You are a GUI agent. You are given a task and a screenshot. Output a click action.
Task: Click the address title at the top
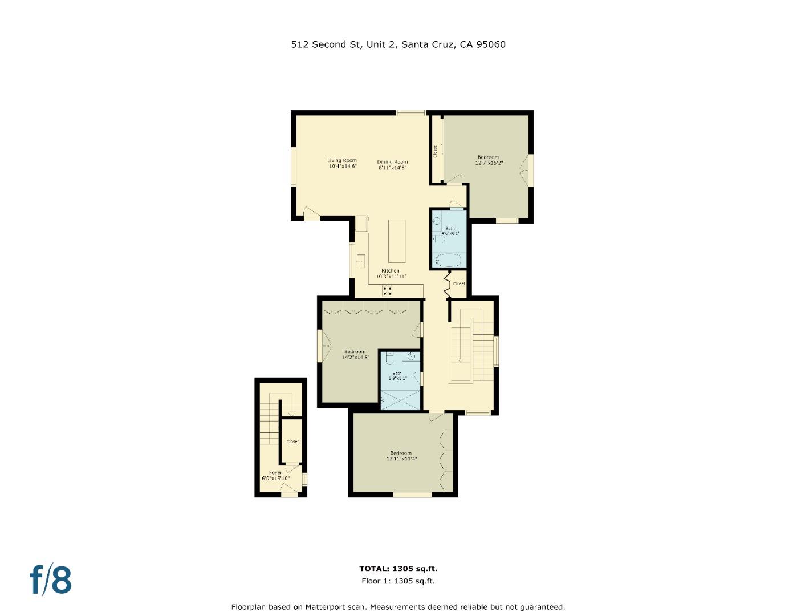398,44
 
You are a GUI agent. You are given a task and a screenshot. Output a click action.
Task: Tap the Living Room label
342,160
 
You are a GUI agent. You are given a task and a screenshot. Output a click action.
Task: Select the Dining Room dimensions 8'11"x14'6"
392,168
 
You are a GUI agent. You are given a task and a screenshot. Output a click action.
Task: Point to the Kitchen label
391,271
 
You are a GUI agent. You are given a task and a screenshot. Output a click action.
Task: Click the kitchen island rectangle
397,241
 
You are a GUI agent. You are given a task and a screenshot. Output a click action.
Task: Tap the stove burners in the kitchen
387,291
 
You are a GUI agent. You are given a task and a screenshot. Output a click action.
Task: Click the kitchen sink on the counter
360,262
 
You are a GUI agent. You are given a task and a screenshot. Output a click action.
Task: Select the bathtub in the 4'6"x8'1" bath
448,260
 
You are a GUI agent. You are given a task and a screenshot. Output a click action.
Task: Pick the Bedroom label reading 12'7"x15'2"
489,160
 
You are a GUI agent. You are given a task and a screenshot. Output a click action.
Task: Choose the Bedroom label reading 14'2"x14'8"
355,354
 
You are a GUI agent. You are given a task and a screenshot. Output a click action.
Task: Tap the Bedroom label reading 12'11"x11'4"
401,456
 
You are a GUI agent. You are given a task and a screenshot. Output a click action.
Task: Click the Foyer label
275,472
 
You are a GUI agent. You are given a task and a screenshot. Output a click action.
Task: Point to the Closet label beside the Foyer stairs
292,441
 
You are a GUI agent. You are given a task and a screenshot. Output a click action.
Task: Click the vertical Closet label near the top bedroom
435,152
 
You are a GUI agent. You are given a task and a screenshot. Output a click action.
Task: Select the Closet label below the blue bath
459,283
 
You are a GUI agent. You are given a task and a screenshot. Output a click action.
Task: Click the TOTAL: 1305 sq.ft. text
398,569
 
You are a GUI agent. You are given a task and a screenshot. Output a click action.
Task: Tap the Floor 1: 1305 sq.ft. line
398,581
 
